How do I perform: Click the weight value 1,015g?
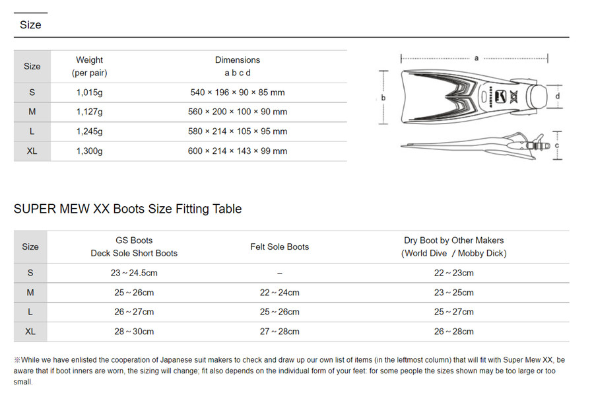click(89, 92)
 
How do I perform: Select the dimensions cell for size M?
click(238, 112)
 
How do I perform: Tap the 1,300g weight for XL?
click(89, 151)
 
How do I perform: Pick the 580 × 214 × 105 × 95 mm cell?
click(238, 131)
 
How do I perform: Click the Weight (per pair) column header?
click(89, 66)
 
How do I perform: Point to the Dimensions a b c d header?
click(238, 66)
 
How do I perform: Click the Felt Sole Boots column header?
click(280, 247)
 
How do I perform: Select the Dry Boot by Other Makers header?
click(454, 247)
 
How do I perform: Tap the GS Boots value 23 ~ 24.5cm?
click(134, 273)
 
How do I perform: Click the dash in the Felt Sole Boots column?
click(280, 274)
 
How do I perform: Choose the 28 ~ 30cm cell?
click(134, 332)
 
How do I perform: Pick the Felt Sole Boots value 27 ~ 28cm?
click(280, 332)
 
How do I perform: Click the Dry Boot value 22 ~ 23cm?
click(454, 273)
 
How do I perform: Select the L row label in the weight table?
click(32, 131)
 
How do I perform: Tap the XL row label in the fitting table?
click(30, 332)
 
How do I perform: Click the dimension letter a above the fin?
click(477, 58)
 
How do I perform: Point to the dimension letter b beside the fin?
click(383, 97)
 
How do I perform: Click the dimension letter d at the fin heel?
click(558, 96)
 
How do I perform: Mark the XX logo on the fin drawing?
click(513, 97)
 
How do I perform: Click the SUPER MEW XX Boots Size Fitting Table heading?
click(127, 209)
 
